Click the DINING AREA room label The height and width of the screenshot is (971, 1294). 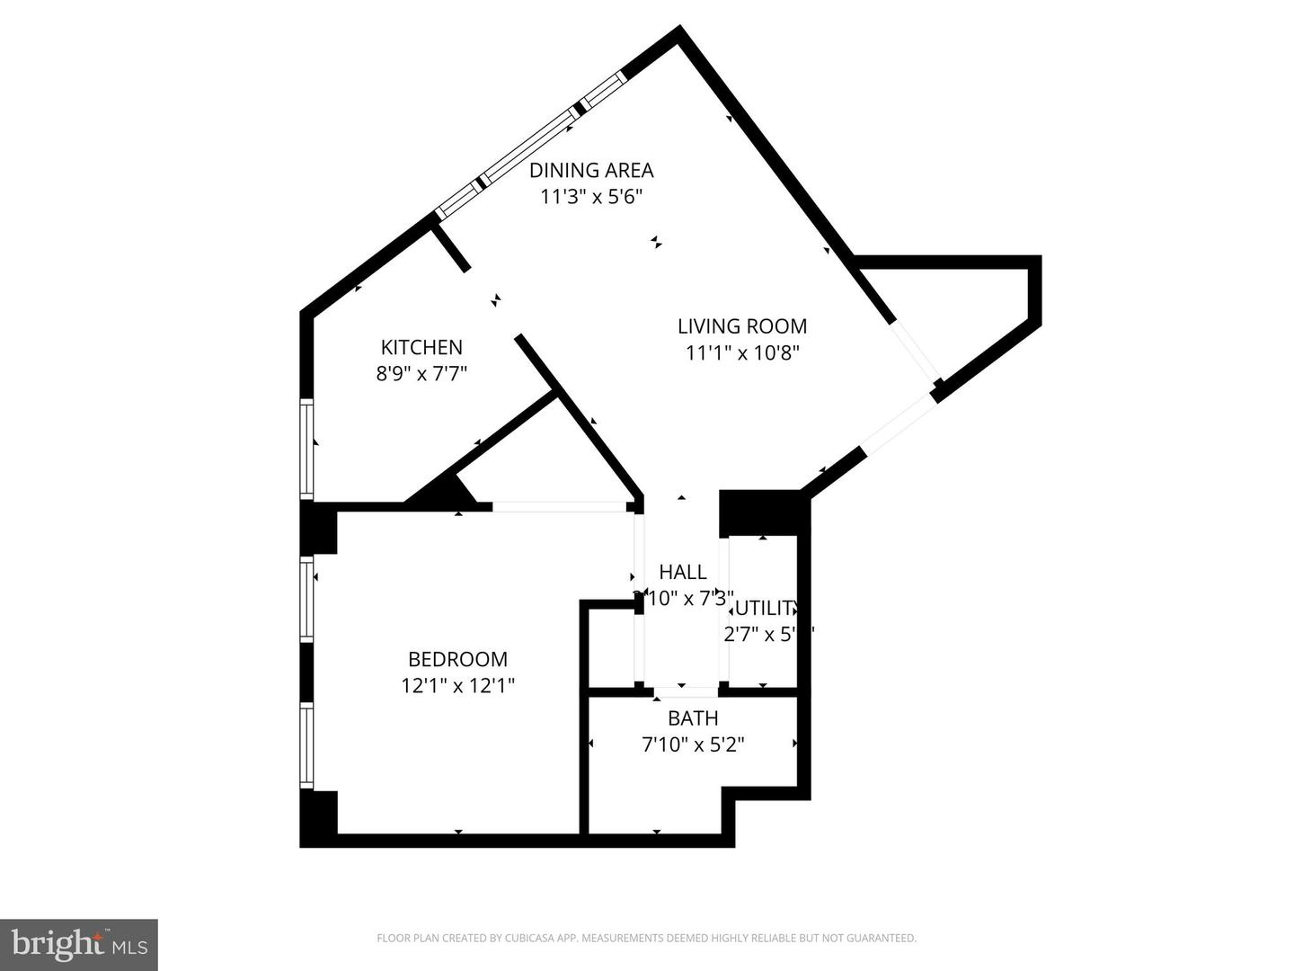(590, 170)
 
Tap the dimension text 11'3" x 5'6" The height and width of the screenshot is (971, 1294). (590, 197)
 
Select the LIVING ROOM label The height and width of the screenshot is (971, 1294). (741, 326)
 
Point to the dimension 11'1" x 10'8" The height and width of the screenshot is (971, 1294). (741, 353)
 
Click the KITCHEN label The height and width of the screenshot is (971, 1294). (421, 347)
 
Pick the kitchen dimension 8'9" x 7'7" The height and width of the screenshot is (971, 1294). (421, 373)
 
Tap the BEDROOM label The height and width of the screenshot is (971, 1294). (457, 659)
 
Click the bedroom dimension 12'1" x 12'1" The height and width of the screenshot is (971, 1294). (457, 686)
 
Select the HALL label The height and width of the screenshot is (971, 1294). (682, 572)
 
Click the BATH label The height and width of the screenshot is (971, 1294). (692, 718)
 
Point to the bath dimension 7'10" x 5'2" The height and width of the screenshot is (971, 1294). (692, 744)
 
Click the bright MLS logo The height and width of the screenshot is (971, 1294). (78, 944)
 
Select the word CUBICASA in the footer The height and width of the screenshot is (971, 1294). (510, 939)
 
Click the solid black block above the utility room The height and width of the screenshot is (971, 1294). (759, 512)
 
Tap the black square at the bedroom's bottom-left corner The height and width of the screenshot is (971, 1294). (318, 816)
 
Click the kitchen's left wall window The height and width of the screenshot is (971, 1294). (307, 449)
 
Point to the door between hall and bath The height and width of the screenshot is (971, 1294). (685, 692)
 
